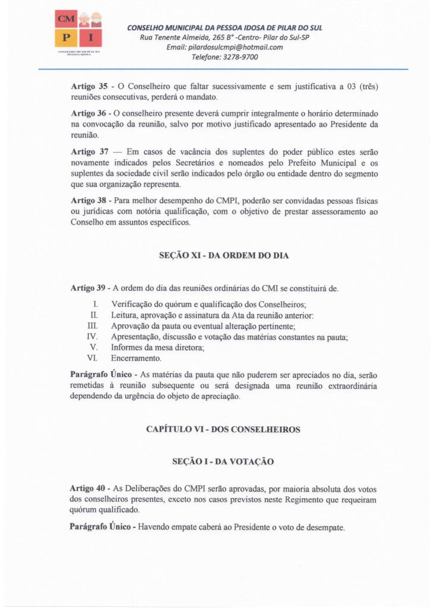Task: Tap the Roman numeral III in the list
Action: coord(92,326)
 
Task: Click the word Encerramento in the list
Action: coord(136,358)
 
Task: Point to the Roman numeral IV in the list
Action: coord(92,337)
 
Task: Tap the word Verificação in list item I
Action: coord(134,305)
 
